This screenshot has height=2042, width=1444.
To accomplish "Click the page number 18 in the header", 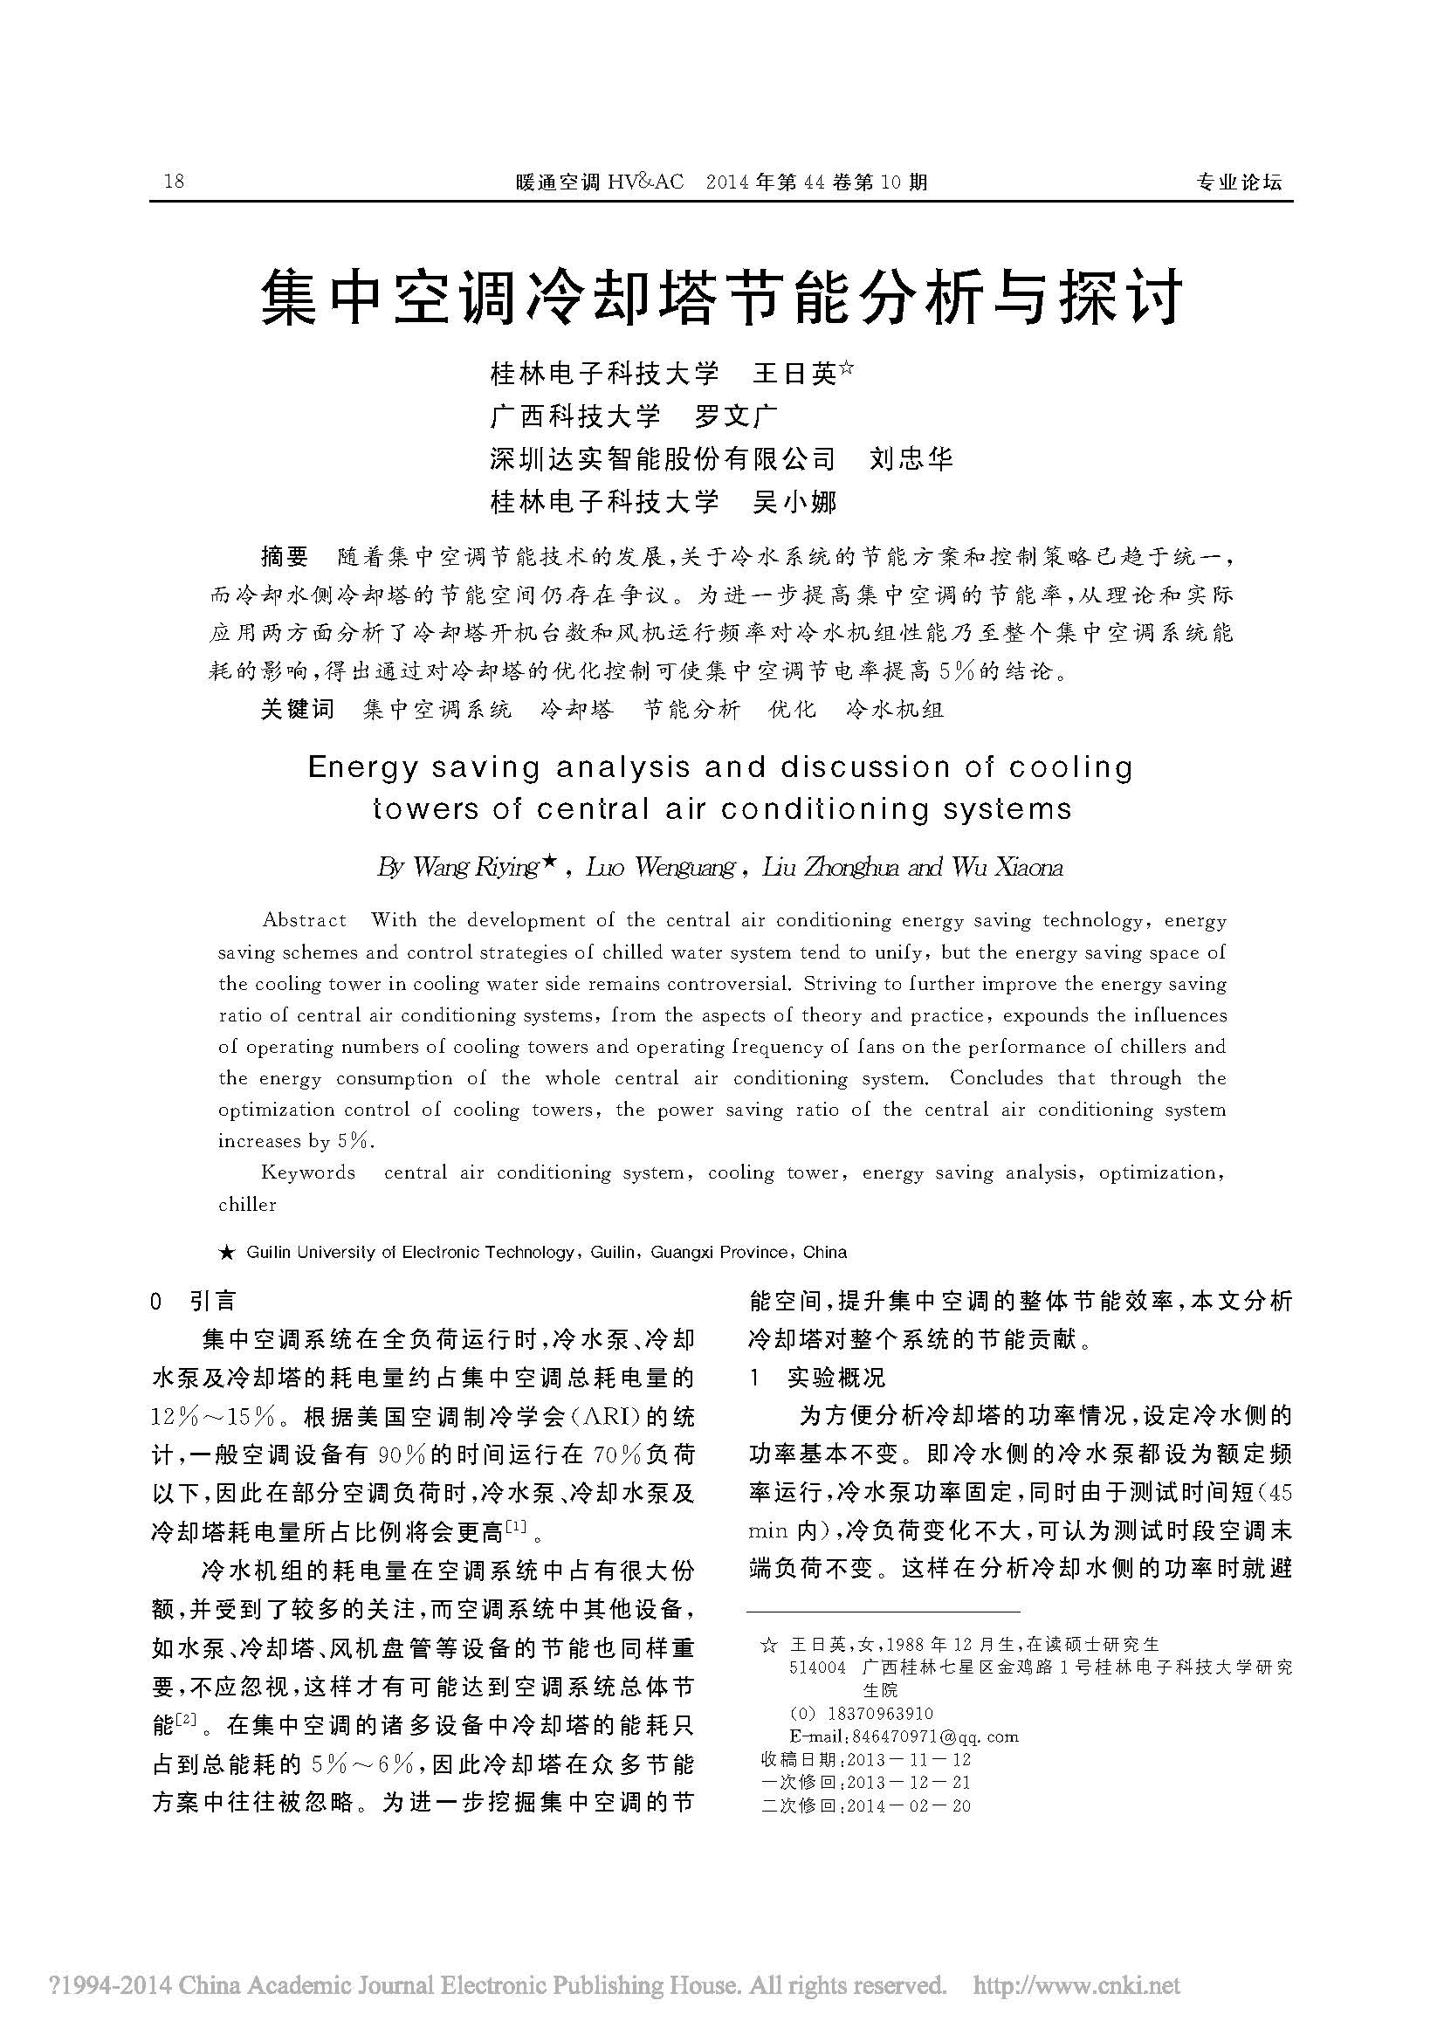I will tap(174, 182).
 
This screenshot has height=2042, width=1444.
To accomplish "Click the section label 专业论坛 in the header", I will tap(1239, 182).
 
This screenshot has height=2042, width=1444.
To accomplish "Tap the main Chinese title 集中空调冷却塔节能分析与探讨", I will tap(721, 298).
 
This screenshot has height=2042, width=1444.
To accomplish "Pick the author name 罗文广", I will tap(736, 416).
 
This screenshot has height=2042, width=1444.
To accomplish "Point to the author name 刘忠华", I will tap(911, 459).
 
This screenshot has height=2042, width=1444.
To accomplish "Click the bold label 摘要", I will tap(285, 558).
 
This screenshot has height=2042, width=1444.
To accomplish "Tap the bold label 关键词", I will tap(297, 709).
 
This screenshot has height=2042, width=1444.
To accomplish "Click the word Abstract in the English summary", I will tap(304, 920).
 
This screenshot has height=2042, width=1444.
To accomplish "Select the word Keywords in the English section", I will tap(307, 1173).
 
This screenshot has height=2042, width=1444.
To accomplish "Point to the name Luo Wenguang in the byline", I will tap(660, 868).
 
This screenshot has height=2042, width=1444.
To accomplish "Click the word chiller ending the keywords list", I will tap(247, 1205).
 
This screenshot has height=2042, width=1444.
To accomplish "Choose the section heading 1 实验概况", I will tap(818, 1379).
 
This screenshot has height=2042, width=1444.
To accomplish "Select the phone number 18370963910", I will tap(880, 1714).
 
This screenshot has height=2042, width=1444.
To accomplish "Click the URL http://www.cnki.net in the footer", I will tap(1076, 1984).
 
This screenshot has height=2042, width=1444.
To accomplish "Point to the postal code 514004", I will tap(817, 1667).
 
